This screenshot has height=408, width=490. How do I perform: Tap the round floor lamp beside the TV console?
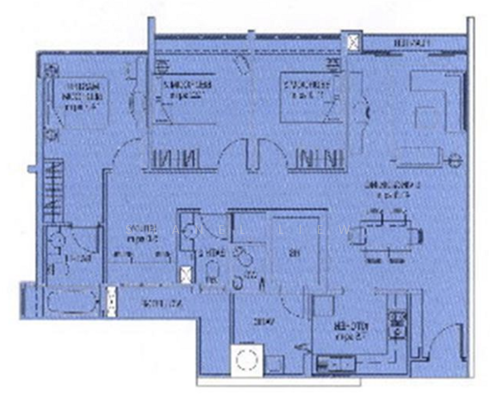(453, 160)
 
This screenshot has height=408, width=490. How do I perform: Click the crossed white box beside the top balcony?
(353, 43)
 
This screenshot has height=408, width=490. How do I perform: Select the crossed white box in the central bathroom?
(185, 275)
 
